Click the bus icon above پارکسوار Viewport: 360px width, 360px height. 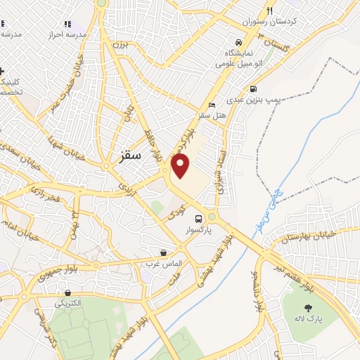coord(199,218)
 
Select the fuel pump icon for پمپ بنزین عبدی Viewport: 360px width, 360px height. coord(252,89)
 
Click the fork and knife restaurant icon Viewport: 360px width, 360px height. coord(269,11)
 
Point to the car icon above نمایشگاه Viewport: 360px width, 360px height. coord(240,41)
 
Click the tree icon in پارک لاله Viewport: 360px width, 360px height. coord(307,308)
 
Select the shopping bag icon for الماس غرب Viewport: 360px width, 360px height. coord(163,252)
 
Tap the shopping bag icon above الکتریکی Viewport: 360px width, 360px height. coord(67,292)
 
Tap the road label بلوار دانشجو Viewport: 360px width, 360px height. coord(259,289)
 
